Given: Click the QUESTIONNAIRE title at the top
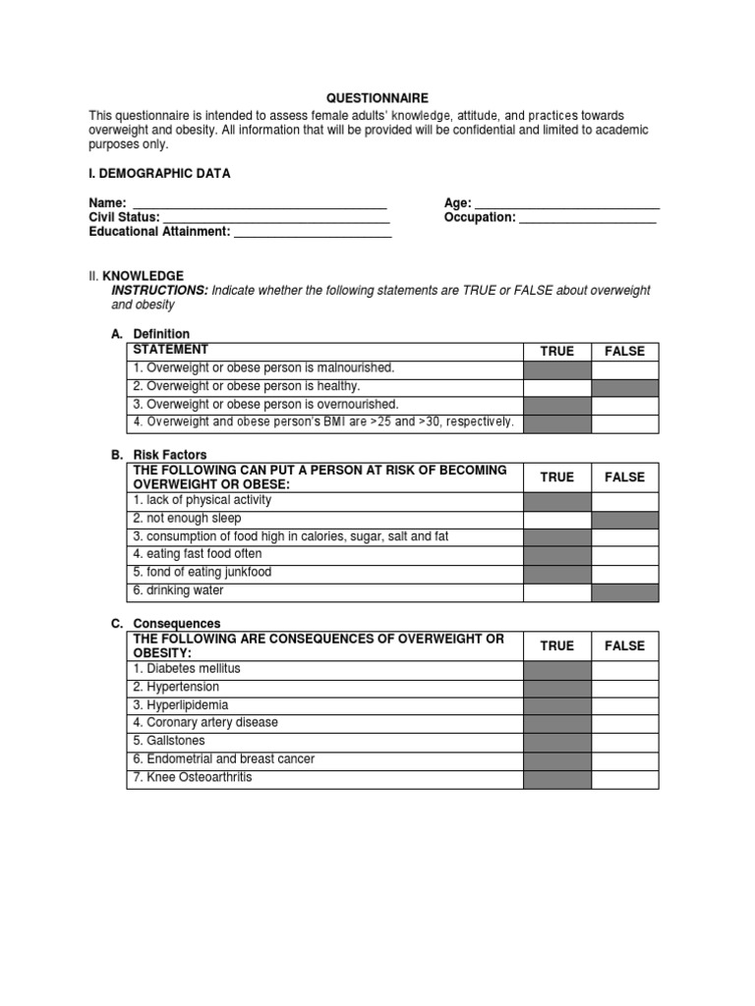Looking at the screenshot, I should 377,99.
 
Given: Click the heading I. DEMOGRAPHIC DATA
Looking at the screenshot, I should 159,174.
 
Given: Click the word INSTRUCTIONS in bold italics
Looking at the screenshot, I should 160,291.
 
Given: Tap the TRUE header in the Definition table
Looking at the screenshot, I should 557,351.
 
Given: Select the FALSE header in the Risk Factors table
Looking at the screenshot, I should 624,476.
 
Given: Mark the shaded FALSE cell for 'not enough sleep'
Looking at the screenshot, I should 624,519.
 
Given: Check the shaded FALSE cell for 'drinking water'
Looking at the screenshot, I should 624,591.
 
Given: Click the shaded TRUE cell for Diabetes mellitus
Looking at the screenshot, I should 557,669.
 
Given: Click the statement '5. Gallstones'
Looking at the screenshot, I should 169,742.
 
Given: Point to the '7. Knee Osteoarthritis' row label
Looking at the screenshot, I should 192,778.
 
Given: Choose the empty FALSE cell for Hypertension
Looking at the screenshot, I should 624,688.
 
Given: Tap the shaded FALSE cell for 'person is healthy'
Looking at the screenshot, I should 624,387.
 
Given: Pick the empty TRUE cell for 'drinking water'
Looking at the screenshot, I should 557,591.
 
